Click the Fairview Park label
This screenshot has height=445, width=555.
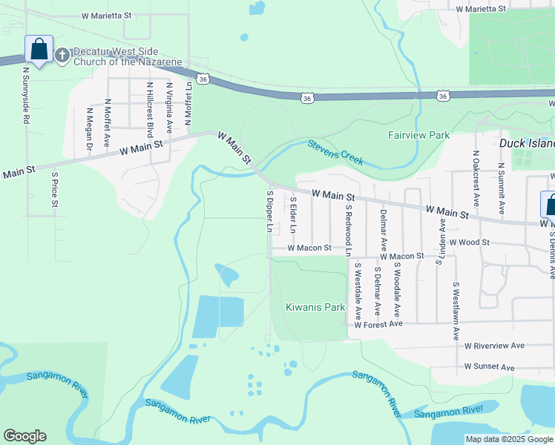pyautogui.click(x=418, y=136)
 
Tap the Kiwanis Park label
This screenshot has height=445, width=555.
pyautogui.click(x=315, y=307)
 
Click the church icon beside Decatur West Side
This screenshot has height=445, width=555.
pyautogui.click(x=62, y=55)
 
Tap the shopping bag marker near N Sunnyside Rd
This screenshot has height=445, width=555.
pyautogui.click(x=38, y=50)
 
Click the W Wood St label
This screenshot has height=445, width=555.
pyautogui.click(x=466, y=243)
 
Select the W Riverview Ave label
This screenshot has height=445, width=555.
pyautogui.click(x=494, y=346)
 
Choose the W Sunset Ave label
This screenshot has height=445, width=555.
pyautogui.click(x=489, y=367)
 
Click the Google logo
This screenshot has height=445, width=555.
pyautogui.click(x=24, y=436)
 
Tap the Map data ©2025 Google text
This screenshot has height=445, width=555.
pyautogui.click(x=508, y=439)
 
